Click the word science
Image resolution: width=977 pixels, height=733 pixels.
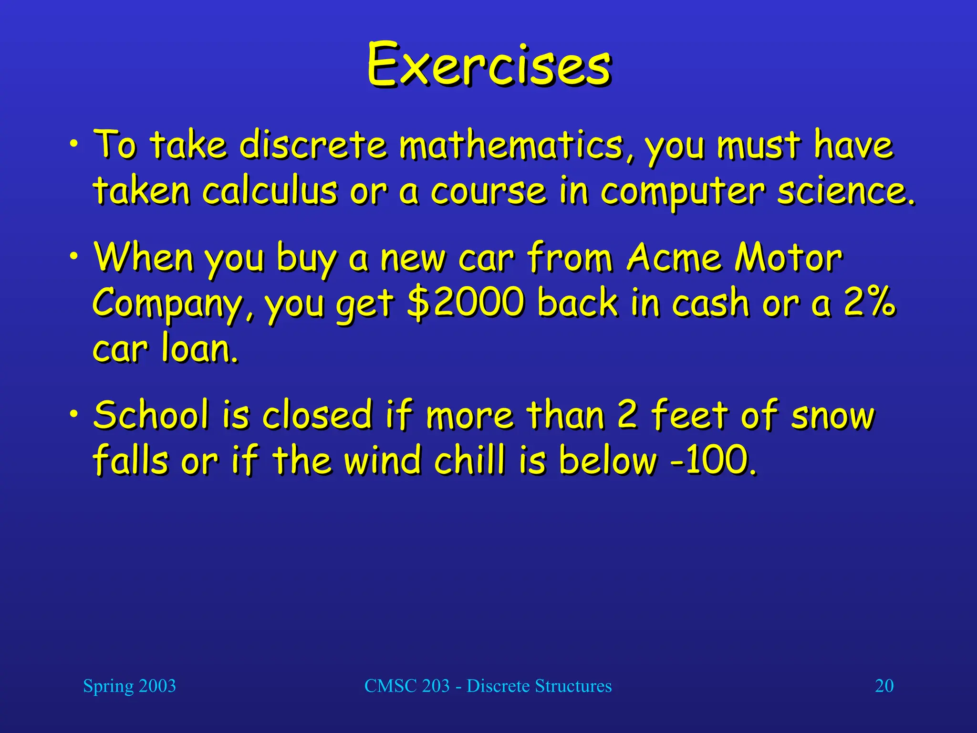[845, 191]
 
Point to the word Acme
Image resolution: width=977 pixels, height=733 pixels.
[674, 258]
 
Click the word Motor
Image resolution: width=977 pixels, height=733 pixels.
[788, 258]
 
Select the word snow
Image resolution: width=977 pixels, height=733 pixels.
[832, 416]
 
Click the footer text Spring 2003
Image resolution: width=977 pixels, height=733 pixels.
[129, 686]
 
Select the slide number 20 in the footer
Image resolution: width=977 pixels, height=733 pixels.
[884, 686]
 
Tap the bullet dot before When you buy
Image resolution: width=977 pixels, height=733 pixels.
[73, 256]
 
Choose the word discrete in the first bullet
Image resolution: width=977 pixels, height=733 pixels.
[313, 145]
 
